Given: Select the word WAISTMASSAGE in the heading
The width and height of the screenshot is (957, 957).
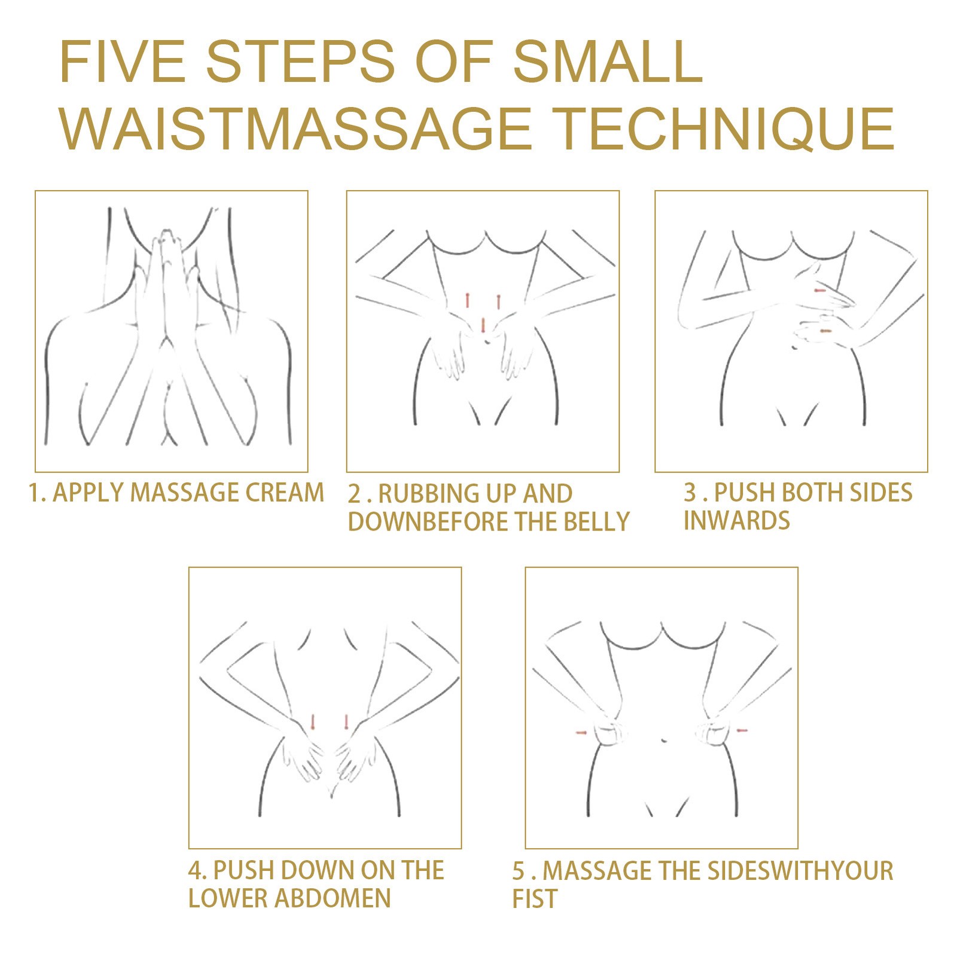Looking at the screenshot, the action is coord(295,128).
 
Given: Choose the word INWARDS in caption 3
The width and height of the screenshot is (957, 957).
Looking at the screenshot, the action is coord(737,520).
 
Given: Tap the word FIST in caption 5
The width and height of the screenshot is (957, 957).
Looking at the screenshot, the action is coord(535,899).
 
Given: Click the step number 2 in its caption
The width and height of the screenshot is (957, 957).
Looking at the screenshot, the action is coord(355,494).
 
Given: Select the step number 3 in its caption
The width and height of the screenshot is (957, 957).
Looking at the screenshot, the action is coord(690,493).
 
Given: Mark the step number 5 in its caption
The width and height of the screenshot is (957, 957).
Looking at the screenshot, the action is coord(519,871).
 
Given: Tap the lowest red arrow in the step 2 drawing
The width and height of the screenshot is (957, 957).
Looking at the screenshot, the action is coord(483,325).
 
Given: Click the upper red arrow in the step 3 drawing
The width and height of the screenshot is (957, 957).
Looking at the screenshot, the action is coord(819,290).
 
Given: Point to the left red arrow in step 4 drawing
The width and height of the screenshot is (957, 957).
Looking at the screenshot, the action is coord(312,721).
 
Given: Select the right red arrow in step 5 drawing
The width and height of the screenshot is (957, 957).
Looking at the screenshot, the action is coord(742,730).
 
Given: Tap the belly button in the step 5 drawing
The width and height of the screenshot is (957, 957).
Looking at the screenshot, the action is coord(664,740).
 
